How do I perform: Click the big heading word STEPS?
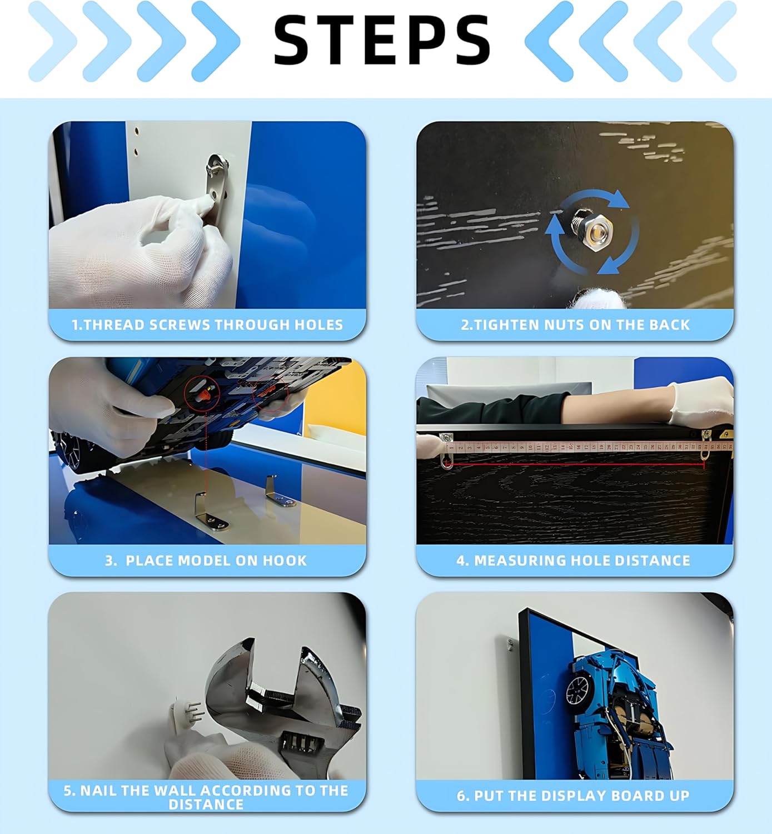(x=382, y=41)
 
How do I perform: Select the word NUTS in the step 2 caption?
(x=565, y=325)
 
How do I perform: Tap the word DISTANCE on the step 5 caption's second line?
(x=206, y=804)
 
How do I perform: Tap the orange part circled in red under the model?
(x=205, y=394)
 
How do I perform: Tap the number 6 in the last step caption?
(x=461, y=796)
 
